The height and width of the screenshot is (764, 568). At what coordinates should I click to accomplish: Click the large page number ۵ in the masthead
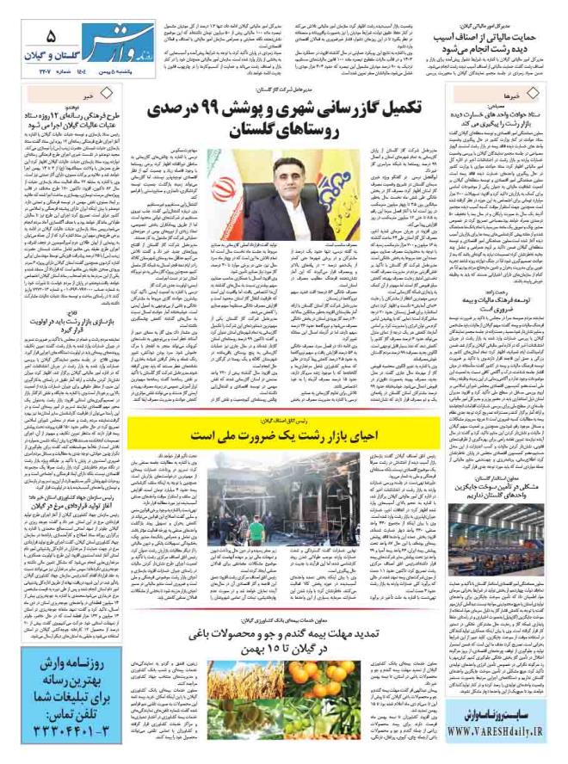pyautogui.click(x=51, y=37)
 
